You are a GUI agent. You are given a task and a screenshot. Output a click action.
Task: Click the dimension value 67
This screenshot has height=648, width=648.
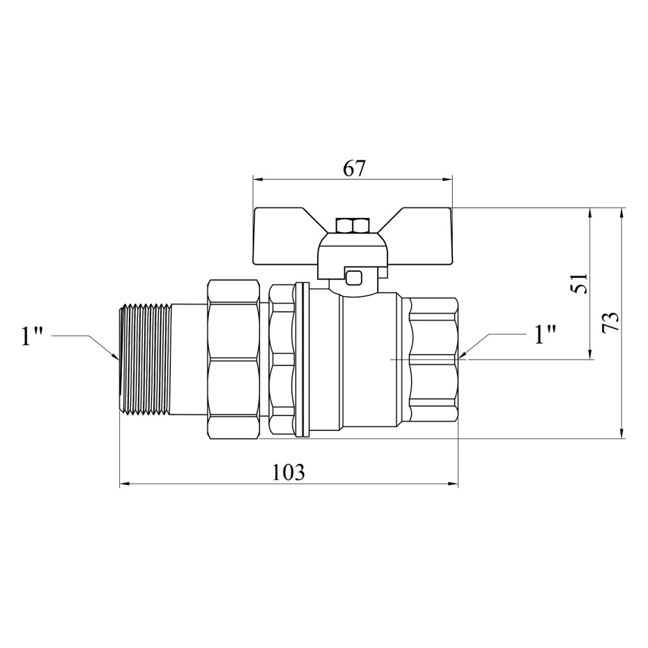pyautogui.click(x=354, y=169)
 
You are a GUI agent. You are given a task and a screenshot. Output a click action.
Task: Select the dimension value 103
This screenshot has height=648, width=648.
pyautogui.click(x=288, y=472)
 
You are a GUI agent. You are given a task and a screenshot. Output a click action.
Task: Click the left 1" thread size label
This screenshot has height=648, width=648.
pyautogui.click(x=32, y=337)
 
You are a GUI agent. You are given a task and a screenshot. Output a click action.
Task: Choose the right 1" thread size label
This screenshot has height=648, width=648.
pyautogui.click(x=545, y=334)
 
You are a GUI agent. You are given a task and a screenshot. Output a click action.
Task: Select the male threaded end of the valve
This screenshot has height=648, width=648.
pyautogui.click(x=145, y=359)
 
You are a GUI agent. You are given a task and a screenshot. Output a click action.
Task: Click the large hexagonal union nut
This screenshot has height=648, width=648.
pyautogui.click(x=233, y=360)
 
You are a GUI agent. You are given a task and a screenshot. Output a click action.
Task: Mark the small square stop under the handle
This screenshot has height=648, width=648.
pyautogui.click(x=354, y=277)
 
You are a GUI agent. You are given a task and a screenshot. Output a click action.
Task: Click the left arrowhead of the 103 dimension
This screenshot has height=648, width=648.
pyautogui.click(x=125, y=484)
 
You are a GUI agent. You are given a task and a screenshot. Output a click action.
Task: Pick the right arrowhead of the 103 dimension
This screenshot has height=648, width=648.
pyautogui.click(x=454, y=484)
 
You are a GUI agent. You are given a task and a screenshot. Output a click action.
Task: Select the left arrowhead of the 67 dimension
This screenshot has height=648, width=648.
pyautogui.click(x=258, y=180)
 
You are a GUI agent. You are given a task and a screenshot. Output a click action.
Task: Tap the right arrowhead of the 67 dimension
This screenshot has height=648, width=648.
pyautogui.click(x=447, y=180)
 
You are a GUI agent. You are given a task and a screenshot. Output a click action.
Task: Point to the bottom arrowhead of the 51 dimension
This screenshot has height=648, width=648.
pyautogui.click(x=590, y=355)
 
